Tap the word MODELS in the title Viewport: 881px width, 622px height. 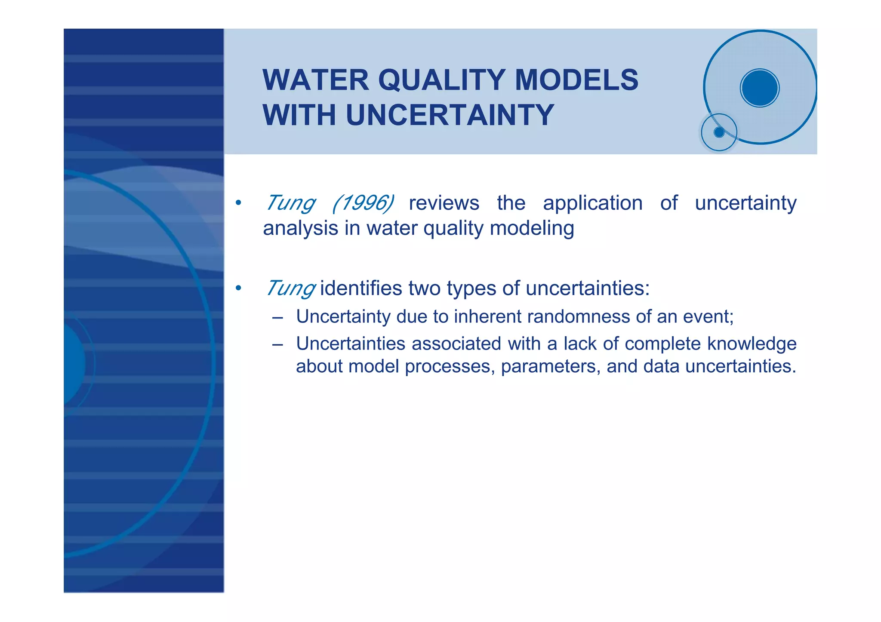pos(576,80)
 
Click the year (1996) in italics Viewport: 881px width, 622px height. pos(363,203)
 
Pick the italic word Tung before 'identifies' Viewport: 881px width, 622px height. pos(291,288)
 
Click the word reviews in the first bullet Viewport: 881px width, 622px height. pos(444,203)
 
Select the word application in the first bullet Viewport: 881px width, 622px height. pos(592,203)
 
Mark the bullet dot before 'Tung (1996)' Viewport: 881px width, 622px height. pos(238,203)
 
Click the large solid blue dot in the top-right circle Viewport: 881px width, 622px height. pos(760,88)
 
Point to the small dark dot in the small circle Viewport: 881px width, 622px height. pos(719,132)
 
